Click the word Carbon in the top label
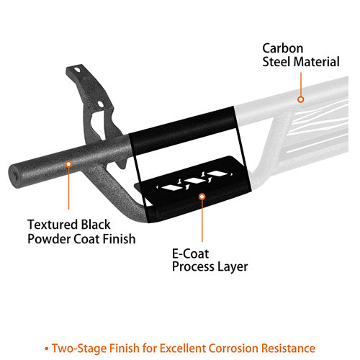click(282, 48)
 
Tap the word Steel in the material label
click(276, 62)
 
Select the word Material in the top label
click(316, 62)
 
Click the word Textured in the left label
click(53, 225)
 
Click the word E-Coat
click(190, 253)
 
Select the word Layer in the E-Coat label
click(233, 266)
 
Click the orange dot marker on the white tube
click(301, 99)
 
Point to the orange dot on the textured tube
click(68, 164)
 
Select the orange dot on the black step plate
click(202, 197)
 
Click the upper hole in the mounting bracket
click(77, 70)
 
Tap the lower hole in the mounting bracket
click(101, 104)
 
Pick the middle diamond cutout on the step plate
click(194, 181)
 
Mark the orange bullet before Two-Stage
click(47, 348)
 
